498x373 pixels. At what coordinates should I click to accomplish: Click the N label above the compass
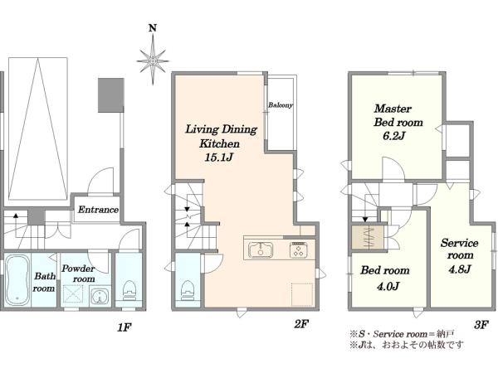point(153,28)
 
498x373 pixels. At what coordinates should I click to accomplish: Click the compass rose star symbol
point(153,61)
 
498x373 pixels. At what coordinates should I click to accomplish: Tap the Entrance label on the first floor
point(98,210)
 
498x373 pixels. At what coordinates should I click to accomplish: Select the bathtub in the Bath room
point(17,280)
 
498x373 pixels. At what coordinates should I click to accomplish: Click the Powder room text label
point(78,274)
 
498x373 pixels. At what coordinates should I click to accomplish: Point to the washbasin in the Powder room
point(100,297)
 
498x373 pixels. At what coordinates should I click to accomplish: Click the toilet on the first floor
point(129,291)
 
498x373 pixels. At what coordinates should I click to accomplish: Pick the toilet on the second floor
point(188,291)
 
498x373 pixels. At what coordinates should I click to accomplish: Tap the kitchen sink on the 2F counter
point(261,249)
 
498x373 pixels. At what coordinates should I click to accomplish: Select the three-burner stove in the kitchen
point(298,249)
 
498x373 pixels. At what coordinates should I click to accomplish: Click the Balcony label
point(281,105)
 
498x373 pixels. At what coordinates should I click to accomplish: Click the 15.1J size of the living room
point(220,157)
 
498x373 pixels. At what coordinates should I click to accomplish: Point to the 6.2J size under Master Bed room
point(393,136)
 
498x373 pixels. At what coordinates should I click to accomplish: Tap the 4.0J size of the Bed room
point(388,286)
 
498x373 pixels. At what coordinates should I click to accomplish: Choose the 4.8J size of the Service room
point(460,269)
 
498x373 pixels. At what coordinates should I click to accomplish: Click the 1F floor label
point(124,327)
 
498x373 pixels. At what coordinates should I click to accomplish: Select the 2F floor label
point(301,324)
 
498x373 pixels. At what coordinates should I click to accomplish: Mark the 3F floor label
point(481,324)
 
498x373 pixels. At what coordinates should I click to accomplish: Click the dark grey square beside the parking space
point(110,95)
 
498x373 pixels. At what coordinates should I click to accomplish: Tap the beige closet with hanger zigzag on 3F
point(368,238)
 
